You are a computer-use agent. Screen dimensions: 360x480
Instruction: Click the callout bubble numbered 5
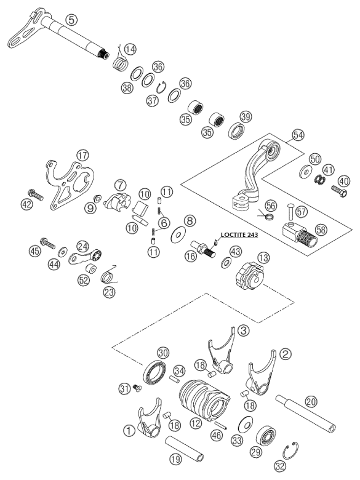[x=71, y=20]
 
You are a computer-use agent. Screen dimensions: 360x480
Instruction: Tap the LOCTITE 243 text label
[x=239, y=235]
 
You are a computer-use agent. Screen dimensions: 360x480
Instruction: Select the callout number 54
[x=298, y=135]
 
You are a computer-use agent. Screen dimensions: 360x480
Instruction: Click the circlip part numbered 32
[x=290, y=451]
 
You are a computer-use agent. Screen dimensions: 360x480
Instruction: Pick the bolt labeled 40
[x=339, y=191]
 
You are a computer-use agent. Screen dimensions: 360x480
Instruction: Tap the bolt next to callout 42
[x=36, y=194]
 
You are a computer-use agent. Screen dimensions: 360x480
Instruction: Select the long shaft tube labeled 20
[x=305, y=414]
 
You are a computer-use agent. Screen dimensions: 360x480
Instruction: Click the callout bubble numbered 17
[x=82, y=156]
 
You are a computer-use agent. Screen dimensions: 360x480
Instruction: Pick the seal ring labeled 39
[x=237, y=130]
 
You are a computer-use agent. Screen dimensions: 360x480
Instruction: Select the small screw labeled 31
[x=137, y=388]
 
